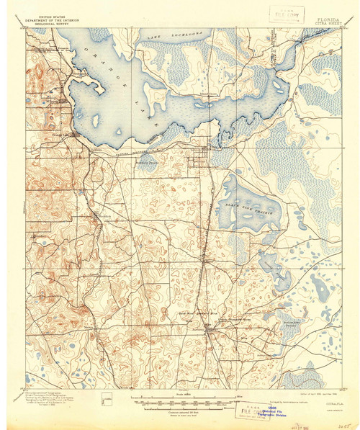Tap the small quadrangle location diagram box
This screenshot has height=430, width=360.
click(x=107, y=395)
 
